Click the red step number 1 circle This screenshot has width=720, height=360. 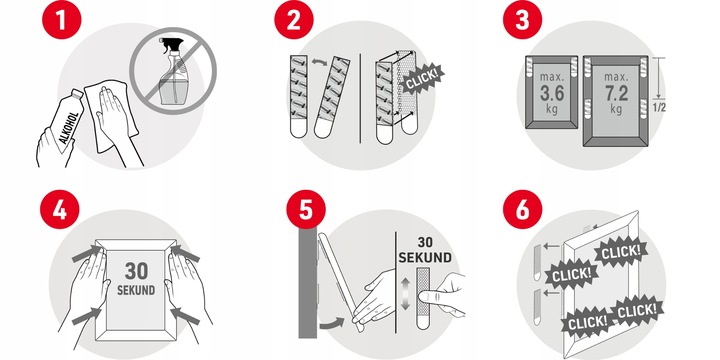(x=62, y=20)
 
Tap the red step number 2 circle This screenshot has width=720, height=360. (x=294, y=20)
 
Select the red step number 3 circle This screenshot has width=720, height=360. (x=522, y=20)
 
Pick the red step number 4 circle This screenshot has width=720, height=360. (x=60, y=209)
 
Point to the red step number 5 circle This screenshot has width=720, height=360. (x=306, y=209)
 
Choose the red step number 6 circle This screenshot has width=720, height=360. (x=522, y=209)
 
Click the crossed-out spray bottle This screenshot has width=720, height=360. (x=173, y=71)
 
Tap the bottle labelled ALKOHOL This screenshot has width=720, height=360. (x=66, y=121)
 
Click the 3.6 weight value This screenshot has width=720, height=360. (x=551, y=94)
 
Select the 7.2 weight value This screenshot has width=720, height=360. (x=616, y=94)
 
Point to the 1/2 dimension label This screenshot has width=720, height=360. (x=659, y=108)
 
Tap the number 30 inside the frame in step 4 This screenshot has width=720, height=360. (x=136, y=271)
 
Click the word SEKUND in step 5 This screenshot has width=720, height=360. (x=425, y=258)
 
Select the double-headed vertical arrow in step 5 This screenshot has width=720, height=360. (x=404, y=294)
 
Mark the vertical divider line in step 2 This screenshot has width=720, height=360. (x=360, y=98)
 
